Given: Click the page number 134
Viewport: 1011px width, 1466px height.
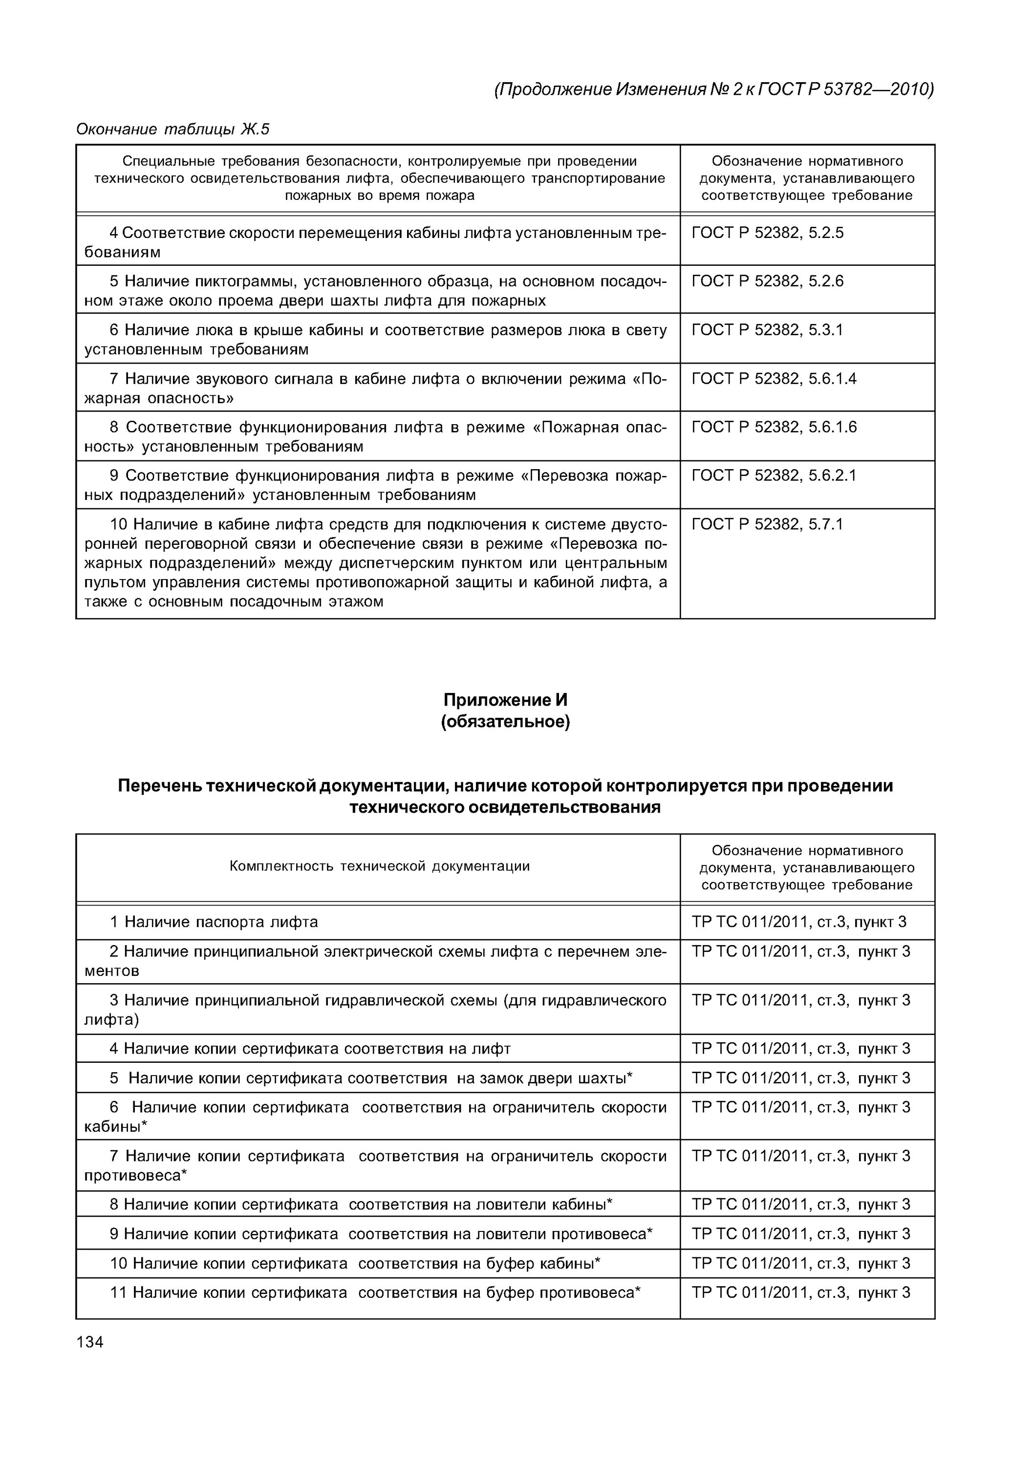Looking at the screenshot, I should (89, 1342).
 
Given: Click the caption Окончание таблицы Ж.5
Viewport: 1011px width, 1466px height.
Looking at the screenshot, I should (173, 129).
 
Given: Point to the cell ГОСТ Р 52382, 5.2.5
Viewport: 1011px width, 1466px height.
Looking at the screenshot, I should (767, 233).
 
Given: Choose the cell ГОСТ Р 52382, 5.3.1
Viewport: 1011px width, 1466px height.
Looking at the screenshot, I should (767, 330).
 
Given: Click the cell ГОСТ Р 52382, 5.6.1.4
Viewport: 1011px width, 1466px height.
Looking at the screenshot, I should (774, 379).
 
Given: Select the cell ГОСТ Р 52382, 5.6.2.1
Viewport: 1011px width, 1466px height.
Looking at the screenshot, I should (774, 476).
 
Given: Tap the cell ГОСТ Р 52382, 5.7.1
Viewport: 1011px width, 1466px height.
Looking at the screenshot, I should (767, 524).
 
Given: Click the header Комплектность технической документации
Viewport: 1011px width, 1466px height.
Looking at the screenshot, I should (380, 866).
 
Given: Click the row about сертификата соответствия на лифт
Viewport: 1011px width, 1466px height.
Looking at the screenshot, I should (310, 1049).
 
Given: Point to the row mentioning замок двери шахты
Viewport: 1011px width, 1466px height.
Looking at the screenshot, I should (372, 1078).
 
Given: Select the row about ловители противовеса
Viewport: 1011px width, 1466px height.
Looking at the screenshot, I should (381, 1234).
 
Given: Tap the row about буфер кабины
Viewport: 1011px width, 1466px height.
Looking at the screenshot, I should (355, 1264).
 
